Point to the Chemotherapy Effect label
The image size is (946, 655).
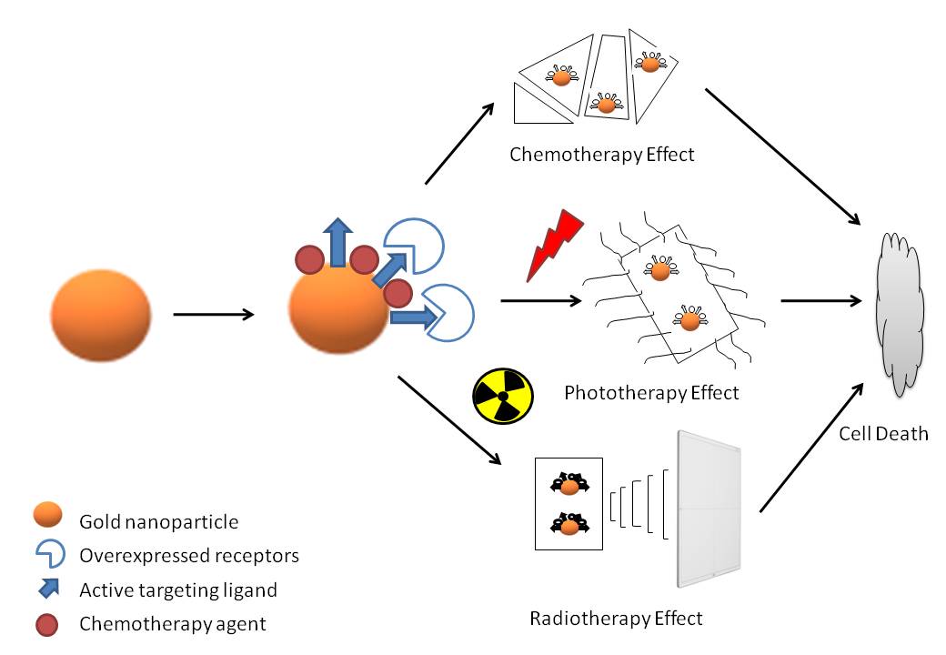(x=601, y=154)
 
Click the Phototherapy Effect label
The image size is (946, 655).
(x=651, y=393)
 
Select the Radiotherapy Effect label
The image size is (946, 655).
(x=616, y=619)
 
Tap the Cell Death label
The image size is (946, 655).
(x=883, y=433)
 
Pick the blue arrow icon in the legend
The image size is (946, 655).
(x=48, y=588)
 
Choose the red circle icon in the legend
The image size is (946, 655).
(x=47, y=623)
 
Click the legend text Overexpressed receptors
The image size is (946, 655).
(x=189, y=554)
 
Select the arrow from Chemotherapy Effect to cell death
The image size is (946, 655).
(x=782, y=156)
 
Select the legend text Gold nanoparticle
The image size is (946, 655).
(x=159, y=521)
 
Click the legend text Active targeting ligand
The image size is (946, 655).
(x=177, y=589)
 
